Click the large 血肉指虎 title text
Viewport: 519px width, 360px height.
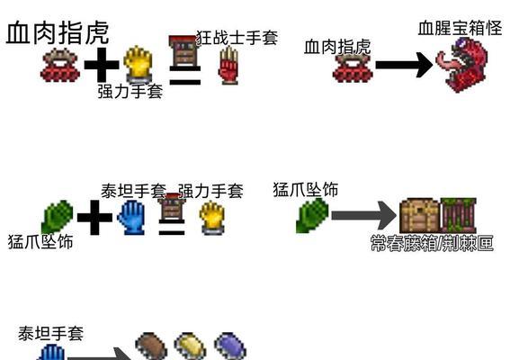pos(58,32)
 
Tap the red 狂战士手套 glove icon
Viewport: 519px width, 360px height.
pos(228,65)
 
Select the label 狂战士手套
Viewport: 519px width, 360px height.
pos(237,38)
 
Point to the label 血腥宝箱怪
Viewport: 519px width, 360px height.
pos(460,28)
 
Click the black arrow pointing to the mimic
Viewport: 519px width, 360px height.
pos(404,65)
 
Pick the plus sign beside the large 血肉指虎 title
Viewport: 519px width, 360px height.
pos(102,65)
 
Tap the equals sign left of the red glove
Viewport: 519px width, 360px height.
pos(185,76)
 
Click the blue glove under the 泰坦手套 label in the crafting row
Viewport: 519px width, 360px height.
pos(131,218)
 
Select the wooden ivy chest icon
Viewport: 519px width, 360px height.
pos(420,216)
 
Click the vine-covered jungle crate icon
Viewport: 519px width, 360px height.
pos(459,216)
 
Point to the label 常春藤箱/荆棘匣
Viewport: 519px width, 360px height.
pos(432,243)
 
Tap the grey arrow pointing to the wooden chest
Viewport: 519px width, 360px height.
pos(364,216)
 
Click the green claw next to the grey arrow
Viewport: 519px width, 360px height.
pos(312,216)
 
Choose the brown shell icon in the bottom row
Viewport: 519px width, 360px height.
pos(151,346)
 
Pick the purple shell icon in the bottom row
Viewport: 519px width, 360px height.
pos(230,346)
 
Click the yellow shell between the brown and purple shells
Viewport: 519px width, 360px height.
pos(191,346)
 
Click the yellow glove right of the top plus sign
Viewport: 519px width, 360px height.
pos(138,64)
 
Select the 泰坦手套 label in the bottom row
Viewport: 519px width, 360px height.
pos(50,334)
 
